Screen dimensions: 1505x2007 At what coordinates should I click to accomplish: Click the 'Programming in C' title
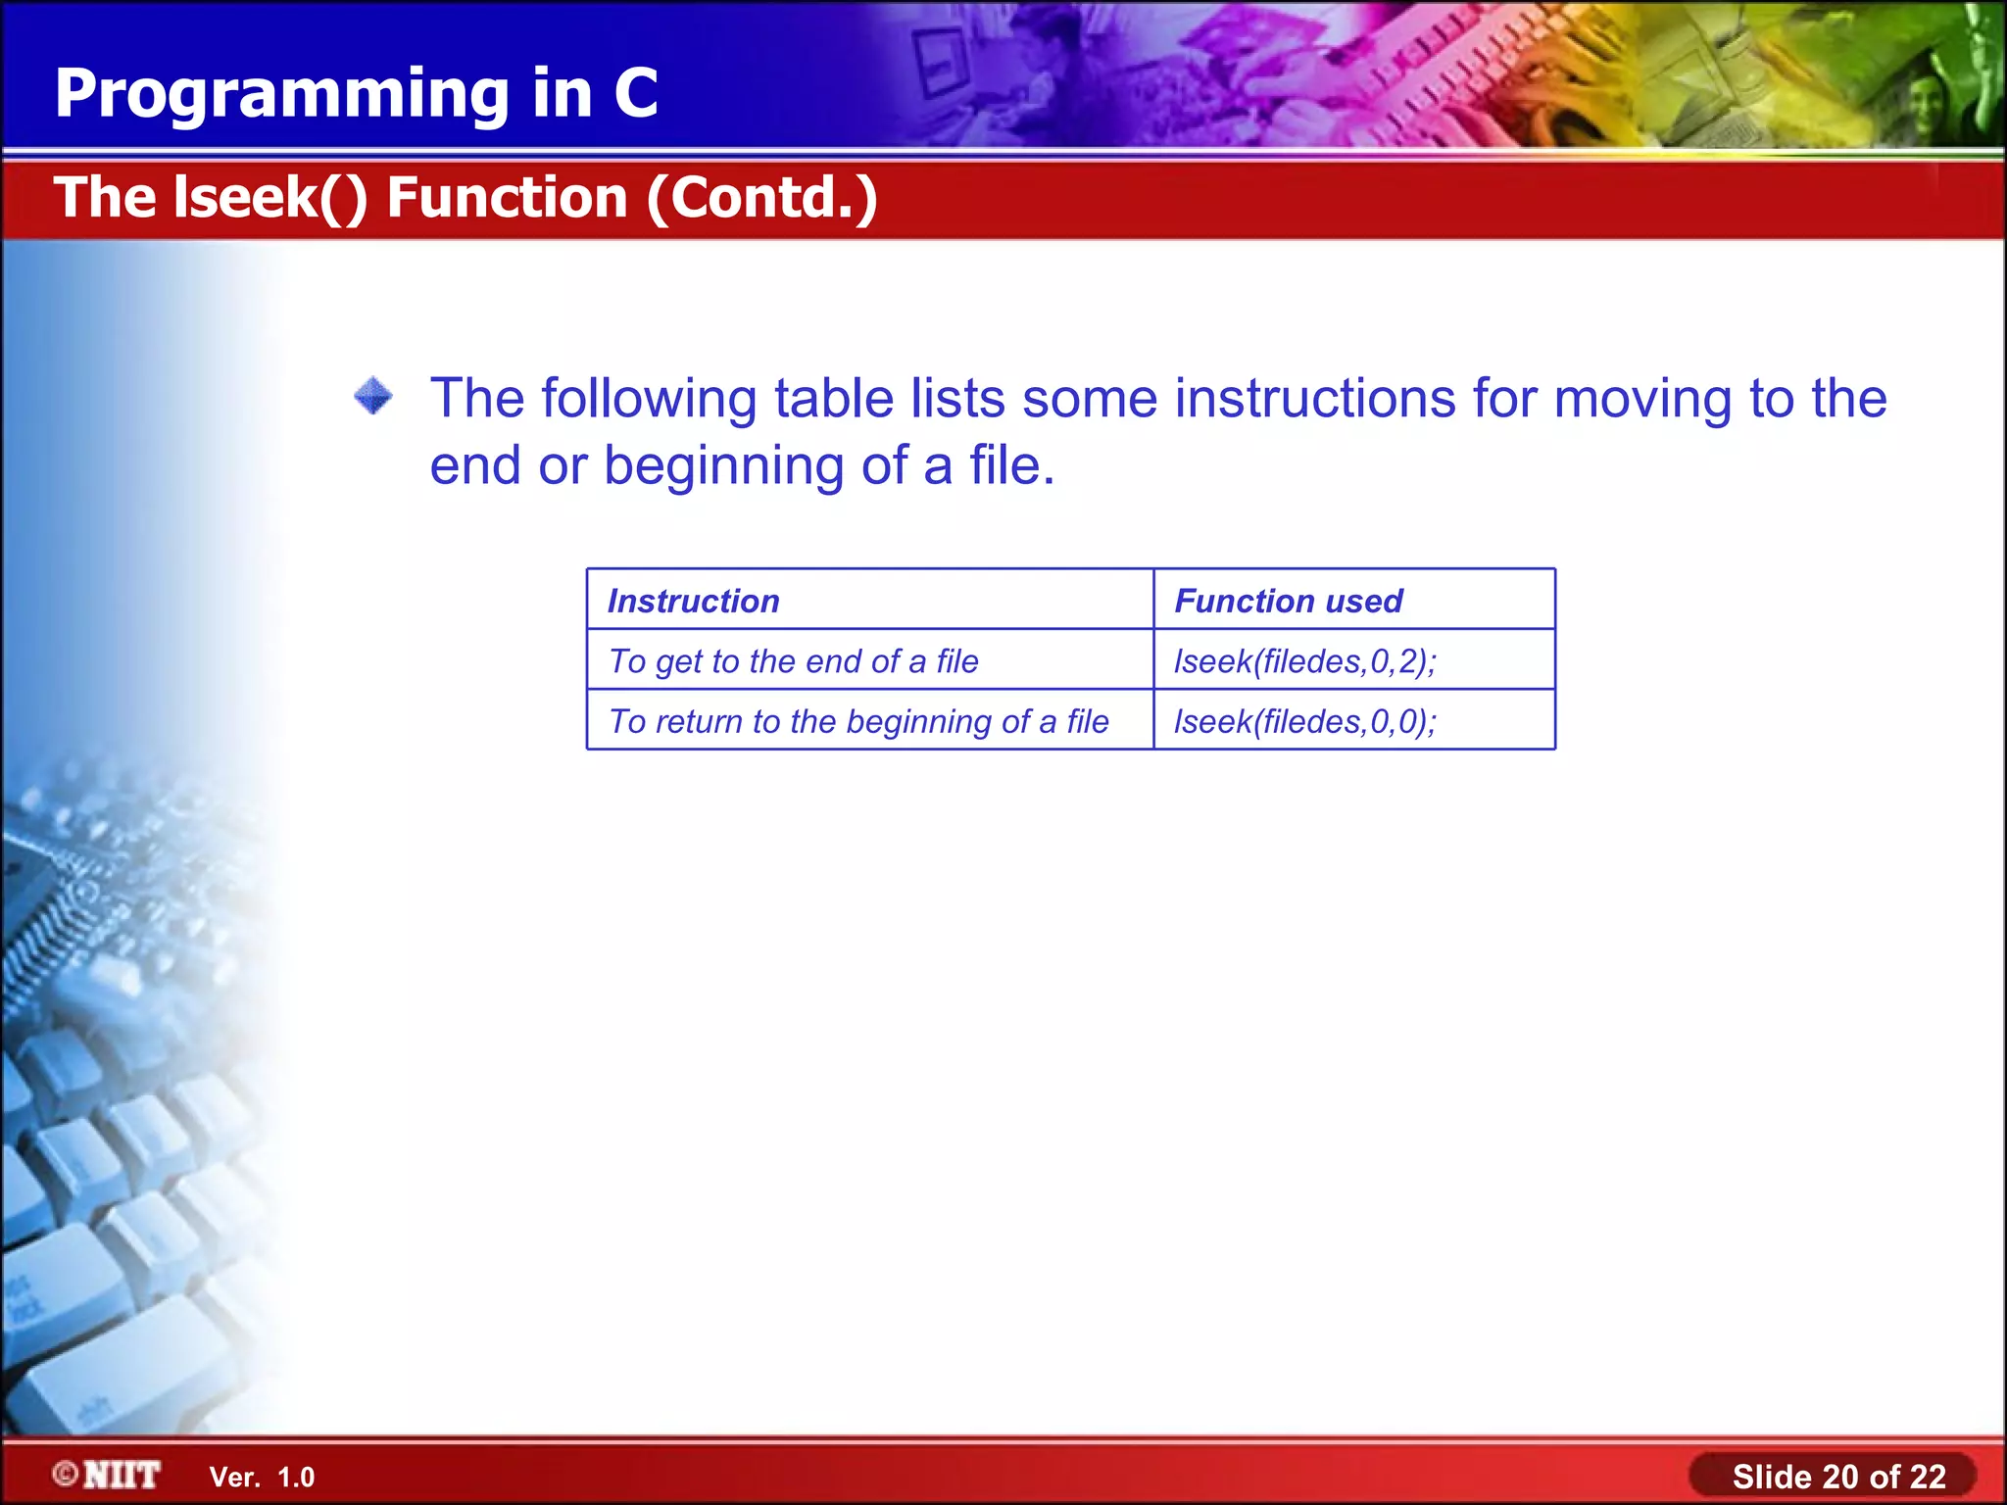pyautogui.click(x=356, y=94)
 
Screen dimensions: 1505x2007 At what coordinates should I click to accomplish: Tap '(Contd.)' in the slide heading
pyautogui.click(x=761, y=198)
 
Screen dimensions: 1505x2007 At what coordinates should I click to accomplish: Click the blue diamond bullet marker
pyautogui.click(x=373, y=397)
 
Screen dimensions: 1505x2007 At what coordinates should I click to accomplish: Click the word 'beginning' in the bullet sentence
pyautogui.click(x=723, y=465)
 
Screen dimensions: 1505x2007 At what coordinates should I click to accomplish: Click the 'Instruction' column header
pyautogui.click(x=693, y=601)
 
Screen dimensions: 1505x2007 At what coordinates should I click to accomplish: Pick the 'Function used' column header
pyautogui.click(x=1288, y=601)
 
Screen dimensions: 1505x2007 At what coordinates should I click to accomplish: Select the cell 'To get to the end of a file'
pyautogui.click(x=793, y=661)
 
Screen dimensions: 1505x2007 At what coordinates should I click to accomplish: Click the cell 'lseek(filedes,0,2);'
pyautogui.click(x=1304, y=661)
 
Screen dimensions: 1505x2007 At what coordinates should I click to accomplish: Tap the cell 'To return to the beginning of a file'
pyautogui.click(x=858, y=721)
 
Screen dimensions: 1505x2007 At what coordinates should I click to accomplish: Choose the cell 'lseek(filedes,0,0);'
pyautogui.click(x=1304, y=721)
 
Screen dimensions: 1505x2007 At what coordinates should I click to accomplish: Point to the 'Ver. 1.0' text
pyautogui.click(x=262, y=1478)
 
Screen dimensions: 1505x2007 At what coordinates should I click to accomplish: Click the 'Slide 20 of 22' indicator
pyautogui.click(x=1838, y=1477)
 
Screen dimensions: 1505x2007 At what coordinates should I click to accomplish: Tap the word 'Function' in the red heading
pyautogui.click(x=507, y=198)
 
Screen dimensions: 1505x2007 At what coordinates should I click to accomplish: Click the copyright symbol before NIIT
pyautogui.click(x=66, y=1475)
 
